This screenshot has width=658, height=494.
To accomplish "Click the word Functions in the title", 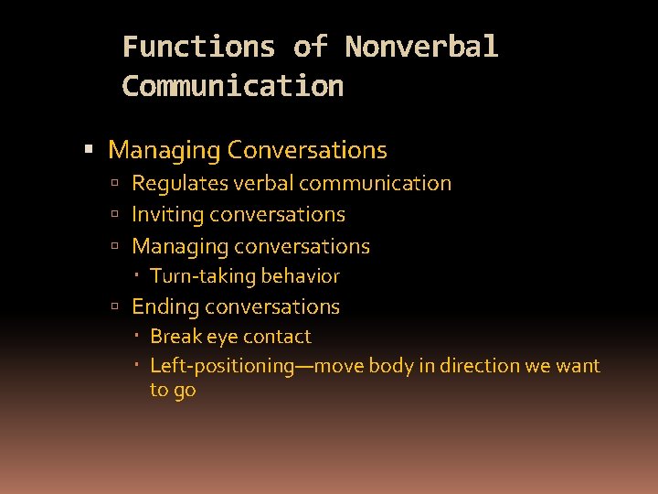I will (x=198, y=47).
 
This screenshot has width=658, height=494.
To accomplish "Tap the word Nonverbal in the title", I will (x=421, y=47).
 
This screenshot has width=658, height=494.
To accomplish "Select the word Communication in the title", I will (x=232, y=86).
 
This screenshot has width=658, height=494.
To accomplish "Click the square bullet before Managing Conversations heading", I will (x=89, y=150).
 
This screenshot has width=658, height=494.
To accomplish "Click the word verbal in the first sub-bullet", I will (x=262, y=183).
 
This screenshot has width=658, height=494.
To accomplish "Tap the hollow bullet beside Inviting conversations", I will (x=115, y=215).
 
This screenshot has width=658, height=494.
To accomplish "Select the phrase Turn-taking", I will (x=203, y=276).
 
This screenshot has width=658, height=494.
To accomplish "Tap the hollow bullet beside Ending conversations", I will (x=115, y=307).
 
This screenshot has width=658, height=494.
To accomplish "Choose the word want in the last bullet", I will (x=578, y=366).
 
